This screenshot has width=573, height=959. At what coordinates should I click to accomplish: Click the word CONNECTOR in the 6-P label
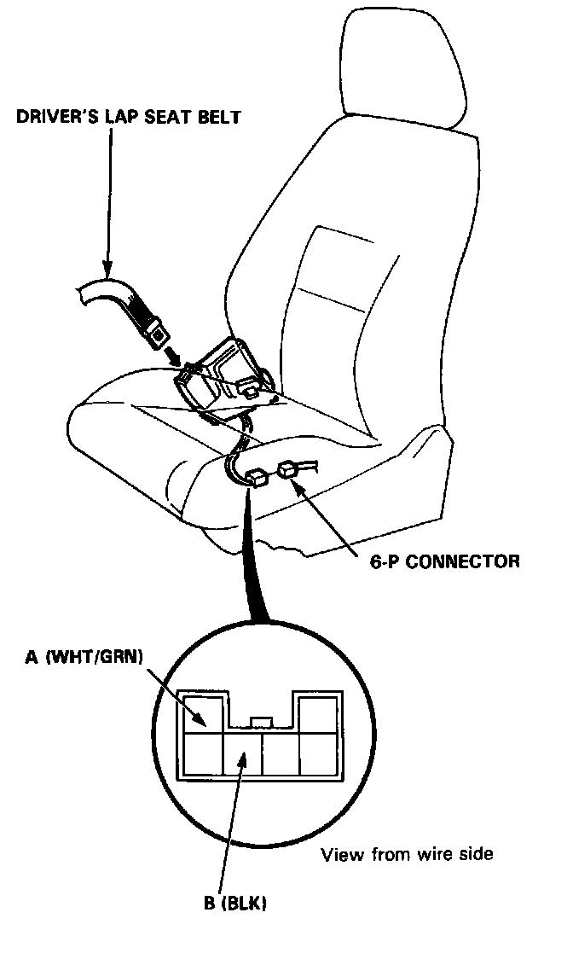coord(470,561)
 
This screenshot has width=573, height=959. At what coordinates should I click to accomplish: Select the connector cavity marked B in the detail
coord(241,753)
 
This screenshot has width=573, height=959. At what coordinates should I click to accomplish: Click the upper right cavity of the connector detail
coord(318,712)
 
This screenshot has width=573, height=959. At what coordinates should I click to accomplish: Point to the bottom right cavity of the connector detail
coord(318,753)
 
